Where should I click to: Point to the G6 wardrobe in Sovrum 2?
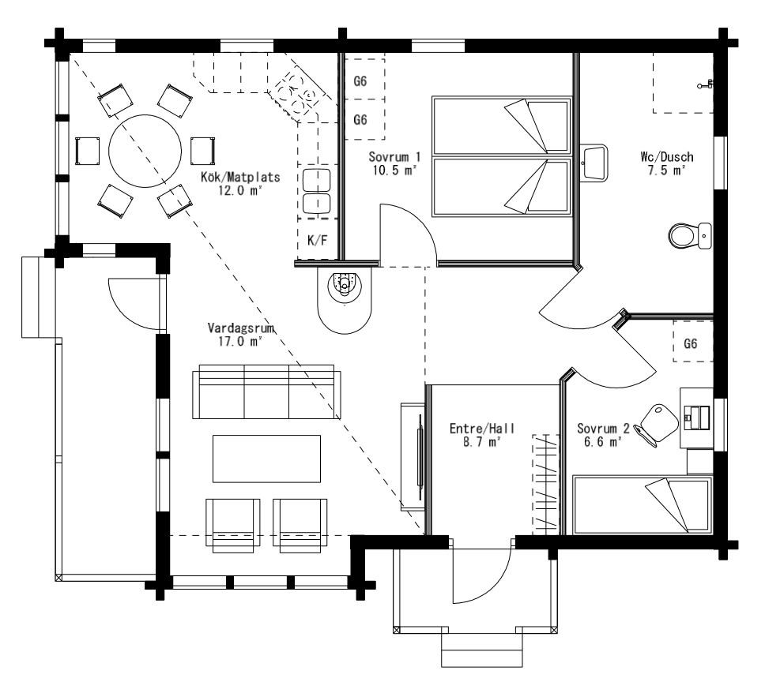[x=692, y=343]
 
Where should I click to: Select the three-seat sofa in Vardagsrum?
[x=266, y=392]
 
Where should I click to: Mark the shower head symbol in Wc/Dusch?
[x=707, y=84]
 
